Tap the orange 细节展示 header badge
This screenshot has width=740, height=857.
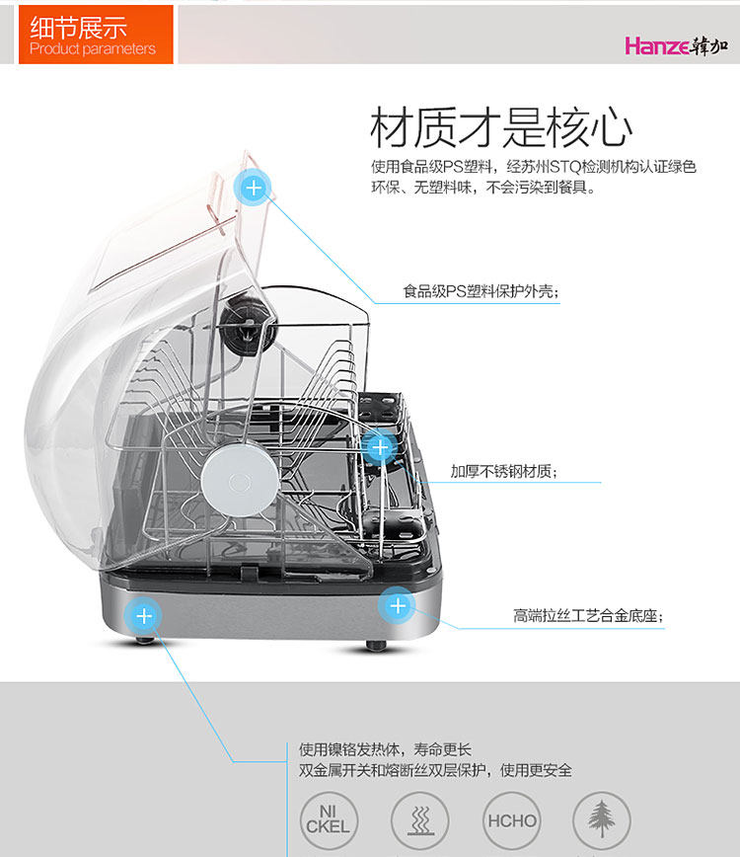pyautogui.click(x=96, y=35)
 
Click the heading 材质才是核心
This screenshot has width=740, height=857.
pyautogui.click(x=501, y=127)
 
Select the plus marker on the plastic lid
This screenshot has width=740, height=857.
pyautogui.click(x=254, y=187)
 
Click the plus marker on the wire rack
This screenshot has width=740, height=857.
pyautogui.click(x=379, y=447)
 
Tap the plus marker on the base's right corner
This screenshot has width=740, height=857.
pyautogui.click(x=397, y=605)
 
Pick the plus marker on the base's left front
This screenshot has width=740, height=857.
pyautogui.click(x=144, y=617)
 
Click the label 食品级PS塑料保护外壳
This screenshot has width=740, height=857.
pyautogui.click(x=481, y=292)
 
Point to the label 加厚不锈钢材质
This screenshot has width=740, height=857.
pyautogui.click(x=503, y=472)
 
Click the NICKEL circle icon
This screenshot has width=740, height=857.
pyautogui.click(x=328, y=820)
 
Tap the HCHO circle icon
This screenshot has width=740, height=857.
pyautogui.click(x=511, y=820)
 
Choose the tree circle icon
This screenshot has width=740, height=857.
pyautogui.click(x=602, y=820)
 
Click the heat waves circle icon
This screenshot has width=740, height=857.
pyautogui.click(x=419, y=820)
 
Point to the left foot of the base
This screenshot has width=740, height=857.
pyautogui.click(x=145, y=641)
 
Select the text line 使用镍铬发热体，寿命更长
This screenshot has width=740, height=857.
pyautogui.click(x=386, y=750)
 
